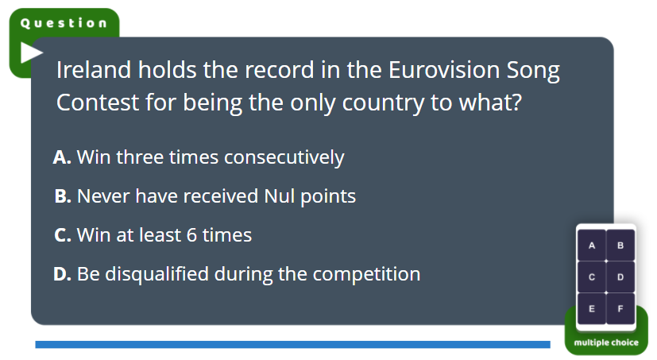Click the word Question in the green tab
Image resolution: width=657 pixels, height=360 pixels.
(x=64, y=23)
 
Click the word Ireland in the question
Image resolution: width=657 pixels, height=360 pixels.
(x=94, y=70)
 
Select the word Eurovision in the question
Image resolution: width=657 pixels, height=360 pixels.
(x=444, y=70)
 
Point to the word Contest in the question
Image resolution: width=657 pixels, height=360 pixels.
(x=98, y=103)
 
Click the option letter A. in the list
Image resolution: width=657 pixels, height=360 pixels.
(x=62, y=157)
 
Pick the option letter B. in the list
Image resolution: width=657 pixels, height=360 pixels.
(x=63, y=196)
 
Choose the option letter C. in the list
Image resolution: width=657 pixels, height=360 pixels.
(x=63, y=235)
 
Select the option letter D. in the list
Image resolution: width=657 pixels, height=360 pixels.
(x=63, y=274)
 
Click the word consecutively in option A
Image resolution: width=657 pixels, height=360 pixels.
(x=284, y=158)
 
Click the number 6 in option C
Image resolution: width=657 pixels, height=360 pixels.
(x=191, y=235)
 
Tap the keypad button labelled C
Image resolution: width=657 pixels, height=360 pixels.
(x=592, y=277)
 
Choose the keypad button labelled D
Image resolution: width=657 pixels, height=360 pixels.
(x=620, y=277)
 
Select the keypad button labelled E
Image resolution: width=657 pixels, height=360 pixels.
(x=592, y=309)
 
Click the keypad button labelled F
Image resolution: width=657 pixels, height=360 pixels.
(x=620, y=309)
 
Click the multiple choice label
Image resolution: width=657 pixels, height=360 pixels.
(x=606, y=343)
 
